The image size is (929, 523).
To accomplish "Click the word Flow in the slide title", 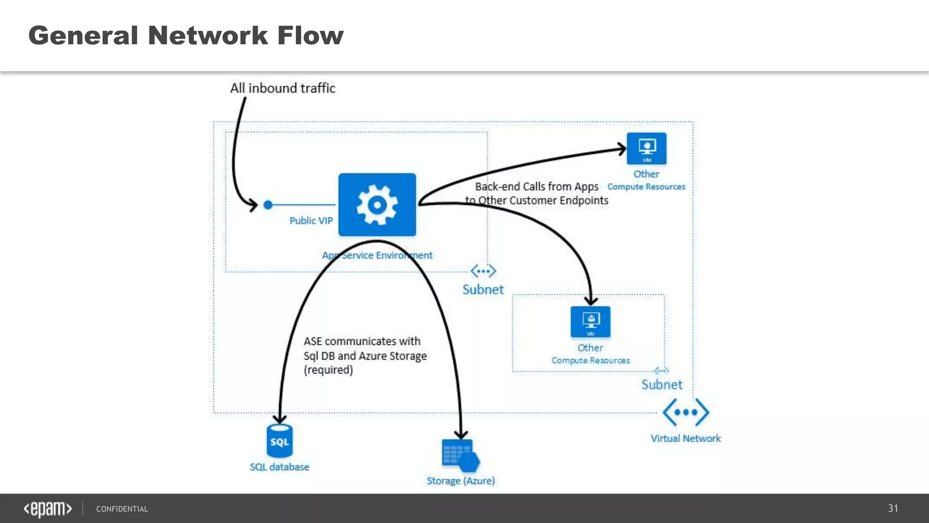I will pos(310,35).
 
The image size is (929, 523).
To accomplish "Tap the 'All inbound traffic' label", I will pos(282,88).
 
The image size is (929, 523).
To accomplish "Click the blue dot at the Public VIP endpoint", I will pos(268,205).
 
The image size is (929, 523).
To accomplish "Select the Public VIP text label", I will pos(311,221).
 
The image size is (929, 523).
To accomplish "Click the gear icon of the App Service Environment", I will pos(377,205).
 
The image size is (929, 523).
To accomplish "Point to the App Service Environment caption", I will pos(377,255).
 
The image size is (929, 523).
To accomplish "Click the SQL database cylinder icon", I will pos(279,441).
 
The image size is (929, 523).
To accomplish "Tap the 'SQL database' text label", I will pos(279,467).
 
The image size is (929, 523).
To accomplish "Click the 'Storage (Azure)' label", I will pos(460,480).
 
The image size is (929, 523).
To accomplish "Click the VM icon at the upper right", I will pos(646,148).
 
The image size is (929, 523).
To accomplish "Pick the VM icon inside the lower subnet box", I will pos(590,322).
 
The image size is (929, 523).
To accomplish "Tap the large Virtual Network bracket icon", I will pos(685,412).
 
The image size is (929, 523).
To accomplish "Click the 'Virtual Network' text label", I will pos(685,438).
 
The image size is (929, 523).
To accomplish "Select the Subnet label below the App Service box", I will pos(483,289).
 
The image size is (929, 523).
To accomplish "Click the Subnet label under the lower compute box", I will pos(661,385).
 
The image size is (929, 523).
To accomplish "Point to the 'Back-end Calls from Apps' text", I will pos(536,187).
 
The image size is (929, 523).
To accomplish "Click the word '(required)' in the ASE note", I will pos(328,370).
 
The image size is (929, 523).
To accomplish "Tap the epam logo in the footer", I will pos(48,509).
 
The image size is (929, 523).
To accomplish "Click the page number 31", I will pos(893,508).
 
